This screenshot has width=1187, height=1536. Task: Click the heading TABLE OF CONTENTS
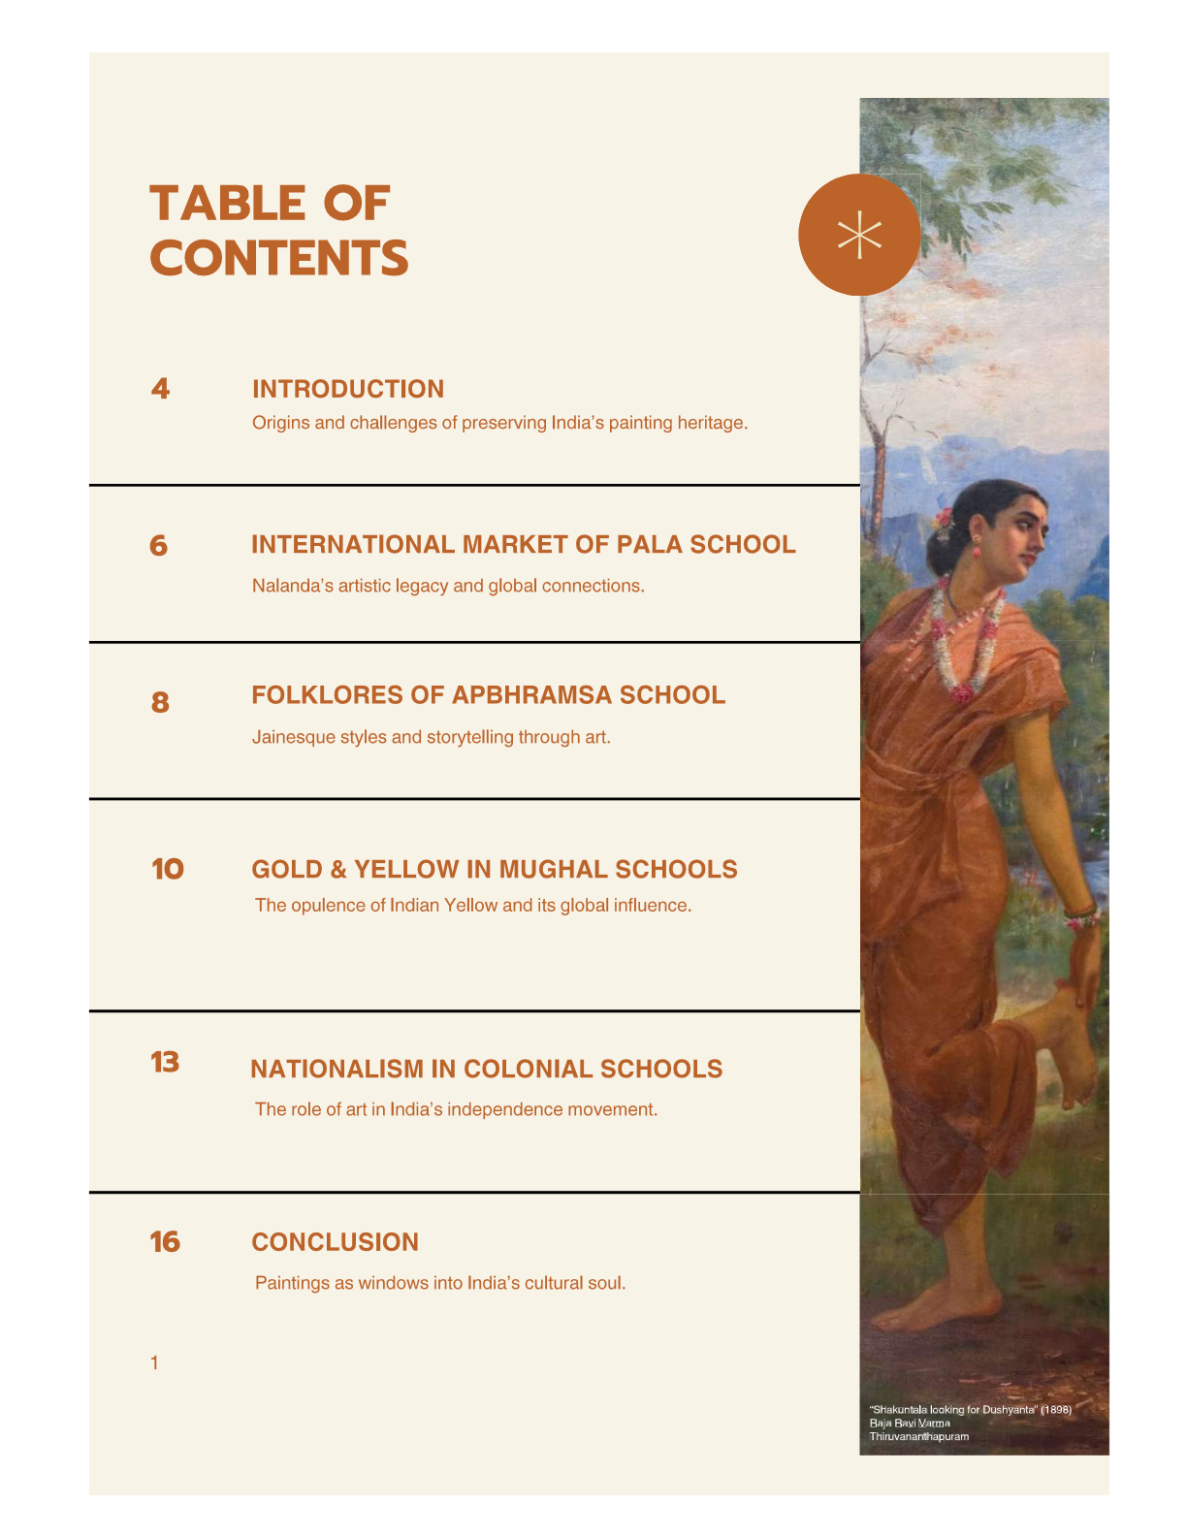coord(279,231)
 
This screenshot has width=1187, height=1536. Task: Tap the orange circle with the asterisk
coord(858,235)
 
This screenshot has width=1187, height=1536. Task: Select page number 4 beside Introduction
coord(161,389)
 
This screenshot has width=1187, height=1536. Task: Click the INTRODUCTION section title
coord(348,389)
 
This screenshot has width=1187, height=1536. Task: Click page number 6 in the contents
coord(159,546)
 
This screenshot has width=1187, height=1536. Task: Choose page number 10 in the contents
coord(168,869)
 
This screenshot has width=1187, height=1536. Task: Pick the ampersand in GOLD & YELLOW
coord(338,870)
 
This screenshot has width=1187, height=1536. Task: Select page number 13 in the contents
coord(166,1063)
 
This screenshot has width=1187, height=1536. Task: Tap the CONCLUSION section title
coord(336,1242)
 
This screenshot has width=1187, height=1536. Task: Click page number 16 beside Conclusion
coord(166,1242)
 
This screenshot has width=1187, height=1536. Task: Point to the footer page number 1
coord(154,1363)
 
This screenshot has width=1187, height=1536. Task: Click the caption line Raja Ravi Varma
coord(910,1424)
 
